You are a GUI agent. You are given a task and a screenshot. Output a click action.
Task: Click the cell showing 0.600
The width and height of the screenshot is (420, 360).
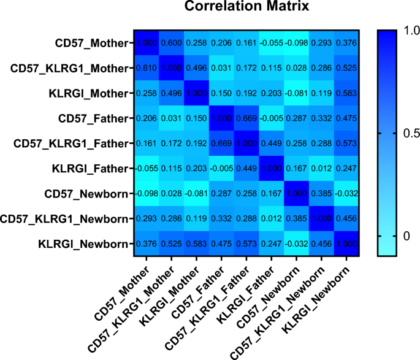[x=172, y=44]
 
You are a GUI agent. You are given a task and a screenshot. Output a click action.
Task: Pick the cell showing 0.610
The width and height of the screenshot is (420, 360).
[x=147, y=69]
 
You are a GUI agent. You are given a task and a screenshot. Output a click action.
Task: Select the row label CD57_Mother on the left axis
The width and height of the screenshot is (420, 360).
[x=92, y=44]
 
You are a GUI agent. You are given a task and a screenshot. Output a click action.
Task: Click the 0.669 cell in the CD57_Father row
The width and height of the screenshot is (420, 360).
[x=246, y=119]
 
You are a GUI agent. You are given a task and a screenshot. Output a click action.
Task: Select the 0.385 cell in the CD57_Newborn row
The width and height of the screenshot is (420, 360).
[x=321, y=194]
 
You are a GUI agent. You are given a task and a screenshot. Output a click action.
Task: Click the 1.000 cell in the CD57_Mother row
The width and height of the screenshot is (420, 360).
[x=147, y=44]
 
